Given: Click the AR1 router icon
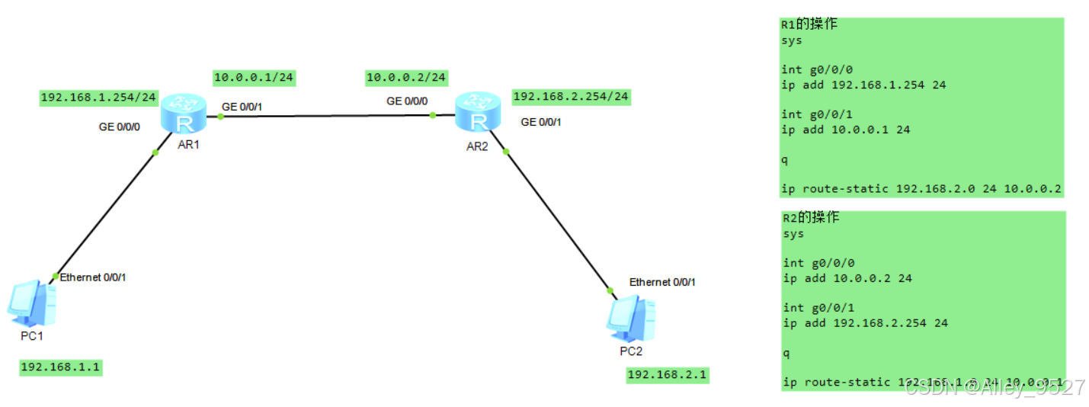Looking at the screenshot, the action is point(184,114).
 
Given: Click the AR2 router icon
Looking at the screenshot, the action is point(478,112).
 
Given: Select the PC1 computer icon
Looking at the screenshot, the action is point(31,303).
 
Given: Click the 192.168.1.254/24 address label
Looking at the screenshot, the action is point(98,98).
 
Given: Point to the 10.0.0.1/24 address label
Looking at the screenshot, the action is point(254,77).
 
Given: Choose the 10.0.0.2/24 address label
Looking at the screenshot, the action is point(406,77).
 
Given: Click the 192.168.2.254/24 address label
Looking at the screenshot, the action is point(571,97).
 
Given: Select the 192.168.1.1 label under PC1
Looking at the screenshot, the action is point(60,367).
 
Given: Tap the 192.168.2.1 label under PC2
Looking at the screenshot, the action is point(667,374).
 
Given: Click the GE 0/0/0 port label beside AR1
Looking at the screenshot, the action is point(119,127).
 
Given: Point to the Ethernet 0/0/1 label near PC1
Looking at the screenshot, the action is point(93,277).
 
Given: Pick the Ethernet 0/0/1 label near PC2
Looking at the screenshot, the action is point(662,282).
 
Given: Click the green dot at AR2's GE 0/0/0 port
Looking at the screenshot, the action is point(432,115).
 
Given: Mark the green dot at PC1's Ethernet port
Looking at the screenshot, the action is point(55,276).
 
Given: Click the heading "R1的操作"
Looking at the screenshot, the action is point(809,24).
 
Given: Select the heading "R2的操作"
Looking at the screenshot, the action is point(811,218).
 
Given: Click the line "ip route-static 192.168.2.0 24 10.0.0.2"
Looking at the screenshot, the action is point(921,188).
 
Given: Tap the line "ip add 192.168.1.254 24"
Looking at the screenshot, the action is point(863,85).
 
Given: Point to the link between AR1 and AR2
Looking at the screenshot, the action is point(328,116).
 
